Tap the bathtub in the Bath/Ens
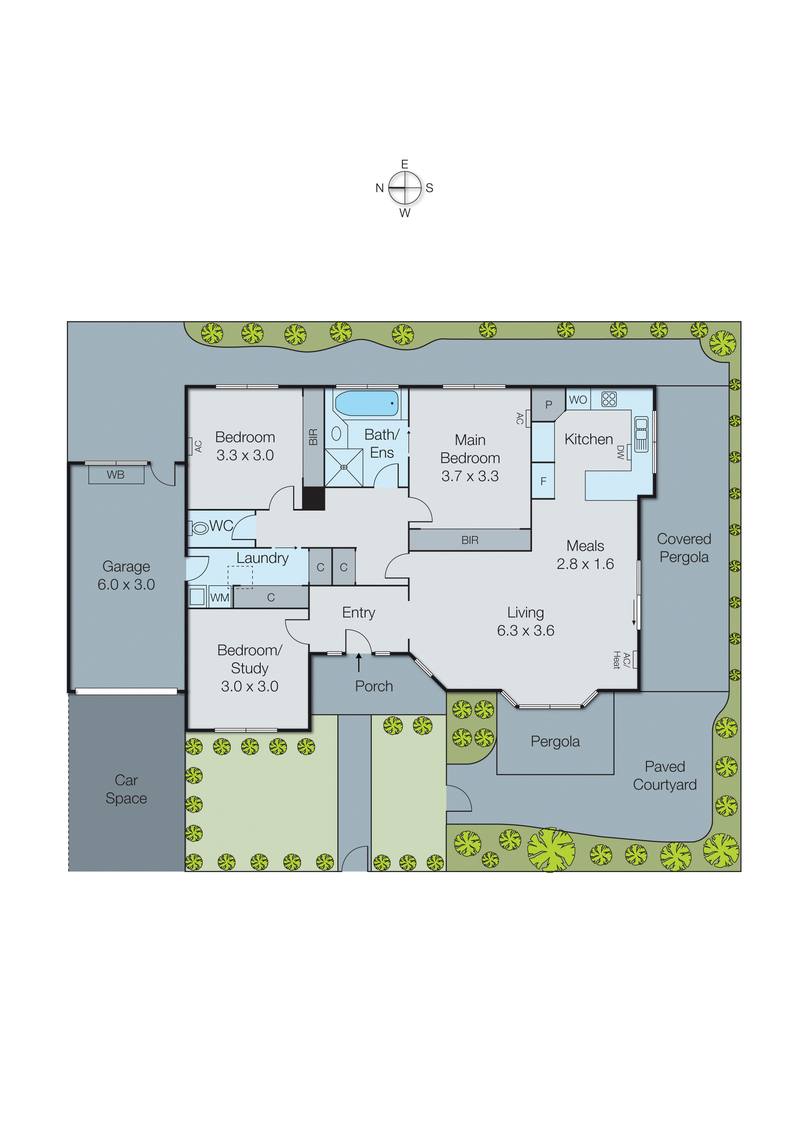click(367, 403)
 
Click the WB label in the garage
click(116, 475)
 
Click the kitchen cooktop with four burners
click(609, 399)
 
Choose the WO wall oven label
click(578, 400)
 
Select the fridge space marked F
click(543, 481)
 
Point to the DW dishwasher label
click(620, 452)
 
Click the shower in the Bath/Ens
click(344, 468)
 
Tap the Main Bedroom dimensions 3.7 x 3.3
click(470, 476)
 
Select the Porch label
click(374, 686)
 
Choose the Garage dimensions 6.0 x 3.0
click(126, 584)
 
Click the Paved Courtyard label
click(665, 775)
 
